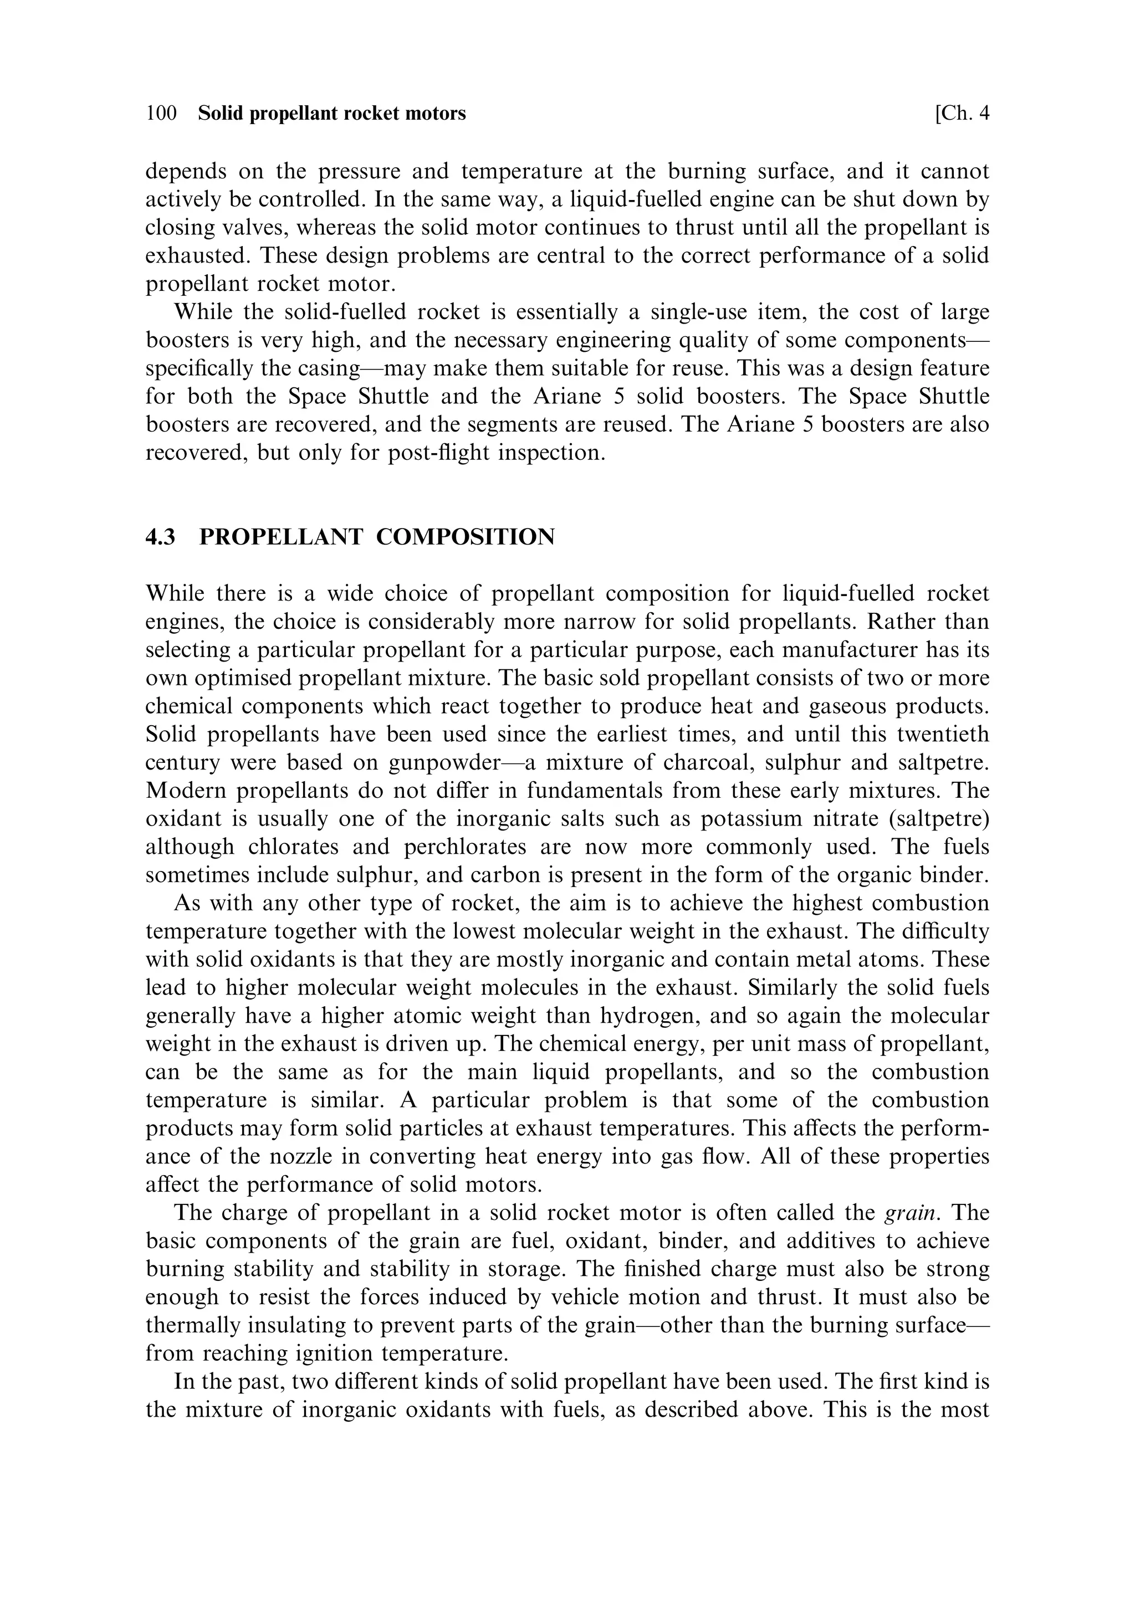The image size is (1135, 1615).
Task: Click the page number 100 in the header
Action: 161,113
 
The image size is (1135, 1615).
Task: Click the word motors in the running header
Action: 436,113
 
